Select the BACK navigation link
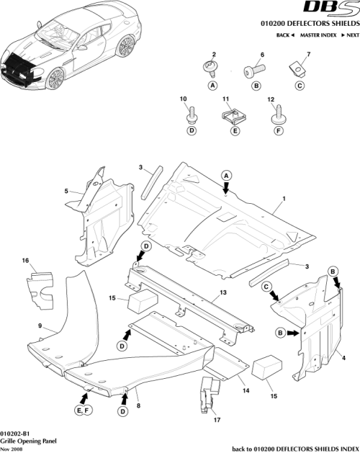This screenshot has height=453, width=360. [286, 35]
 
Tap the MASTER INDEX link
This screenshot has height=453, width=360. [319, 35]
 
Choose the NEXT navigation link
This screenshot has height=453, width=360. [351, 35]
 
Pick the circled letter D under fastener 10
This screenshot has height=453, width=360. [192, 131]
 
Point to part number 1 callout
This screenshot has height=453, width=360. [284, 197]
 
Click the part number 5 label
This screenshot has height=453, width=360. [66, 191]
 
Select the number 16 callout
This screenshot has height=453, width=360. [25, 260]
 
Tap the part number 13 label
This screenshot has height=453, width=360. [223, 293]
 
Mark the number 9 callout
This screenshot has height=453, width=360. [40, 326]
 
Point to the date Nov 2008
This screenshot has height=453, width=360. [15, 448]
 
